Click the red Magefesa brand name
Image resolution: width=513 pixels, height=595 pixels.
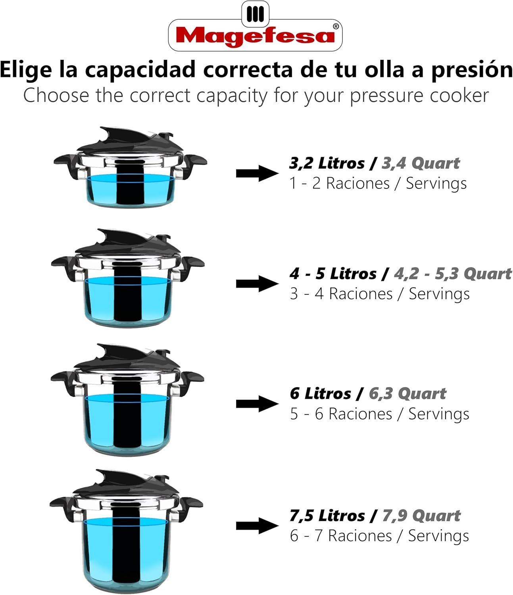[x=255, y=36]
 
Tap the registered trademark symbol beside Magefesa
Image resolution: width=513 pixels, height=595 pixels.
[x=336, y=27]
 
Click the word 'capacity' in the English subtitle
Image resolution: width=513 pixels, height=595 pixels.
[x=232, y=96]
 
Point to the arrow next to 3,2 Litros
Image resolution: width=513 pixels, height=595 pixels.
[x=257, y=173]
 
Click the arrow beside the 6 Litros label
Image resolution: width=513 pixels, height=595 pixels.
[x=257, y=403]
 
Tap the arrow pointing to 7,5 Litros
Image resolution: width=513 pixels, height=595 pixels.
[x=257, y=526]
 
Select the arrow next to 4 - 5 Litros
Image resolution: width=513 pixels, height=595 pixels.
[x=257, y=284]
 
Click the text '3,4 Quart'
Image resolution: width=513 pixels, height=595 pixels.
[x=421, y=163]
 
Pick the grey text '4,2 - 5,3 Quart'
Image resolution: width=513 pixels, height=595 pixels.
[x=453, y=273]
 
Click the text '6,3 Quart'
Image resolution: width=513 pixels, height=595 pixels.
[x=407, y=393]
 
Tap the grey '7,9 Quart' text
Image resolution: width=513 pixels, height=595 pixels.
[x=421, y=516]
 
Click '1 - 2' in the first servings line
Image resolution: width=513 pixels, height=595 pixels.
[x=305, y=183]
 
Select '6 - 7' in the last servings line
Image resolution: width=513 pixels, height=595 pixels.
[x=306, y=536]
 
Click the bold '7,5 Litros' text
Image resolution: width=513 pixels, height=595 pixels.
[x=327, y=516]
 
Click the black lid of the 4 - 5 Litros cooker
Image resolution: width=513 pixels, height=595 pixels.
[x=128, y=243]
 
